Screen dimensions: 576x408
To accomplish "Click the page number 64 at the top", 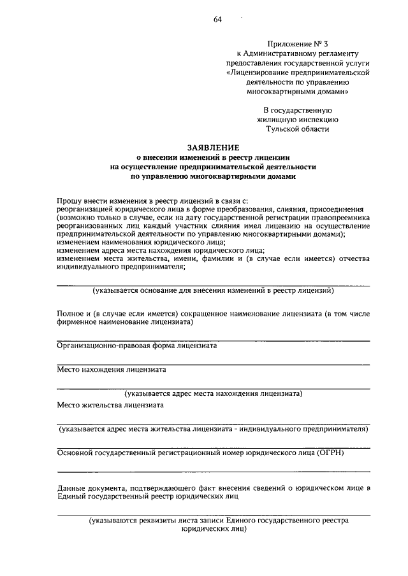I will [217, 19].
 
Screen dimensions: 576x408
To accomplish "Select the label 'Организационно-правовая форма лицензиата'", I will [136, 346].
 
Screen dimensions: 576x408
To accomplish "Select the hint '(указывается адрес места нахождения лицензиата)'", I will [213, 393].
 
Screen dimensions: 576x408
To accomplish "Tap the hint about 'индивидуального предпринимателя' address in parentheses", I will [213, 429].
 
